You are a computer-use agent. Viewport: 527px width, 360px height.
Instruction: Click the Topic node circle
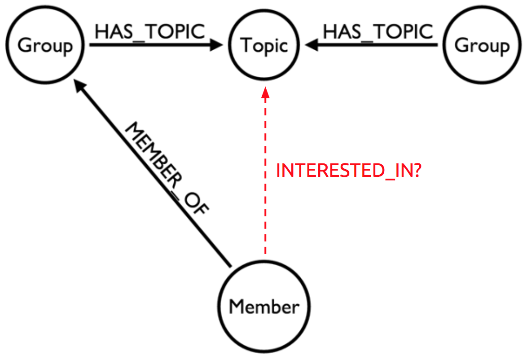click(264, 45)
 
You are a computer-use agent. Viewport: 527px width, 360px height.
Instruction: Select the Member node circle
click(264, 307)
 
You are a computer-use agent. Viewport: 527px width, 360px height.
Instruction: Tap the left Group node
click(45, 45)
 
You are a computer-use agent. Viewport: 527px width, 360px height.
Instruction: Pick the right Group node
click(482, 45)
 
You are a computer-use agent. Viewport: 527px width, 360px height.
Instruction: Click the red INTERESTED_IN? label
click(348, 171)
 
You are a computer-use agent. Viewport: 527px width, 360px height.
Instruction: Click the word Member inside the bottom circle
click(264, 307)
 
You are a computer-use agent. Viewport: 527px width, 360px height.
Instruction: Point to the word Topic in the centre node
click(264, 45)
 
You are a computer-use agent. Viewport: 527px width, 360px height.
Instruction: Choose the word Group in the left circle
click(45, 45)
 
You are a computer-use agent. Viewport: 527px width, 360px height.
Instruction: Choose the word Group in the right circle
click(482, 45)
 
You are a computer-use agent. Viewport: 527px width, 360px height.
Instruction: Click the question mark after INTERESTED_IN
click(416, 171)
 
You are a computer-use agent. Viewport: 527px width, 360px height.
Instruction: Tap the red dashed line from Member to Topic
click(265, 180)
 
